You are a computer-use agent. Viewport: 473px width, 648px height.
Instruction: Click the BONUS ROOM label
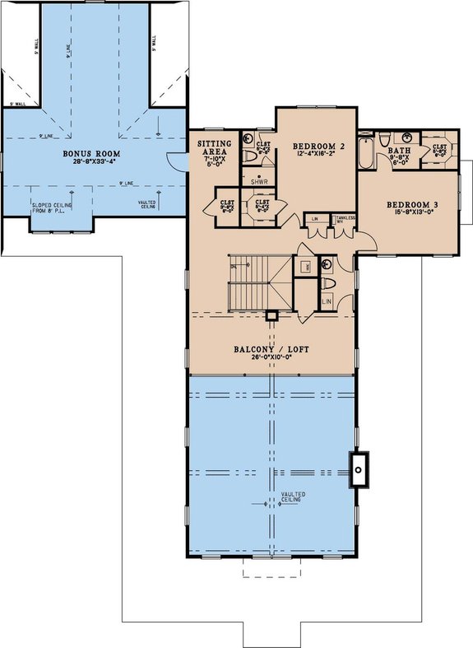pyautogui.click(x=92, y=154)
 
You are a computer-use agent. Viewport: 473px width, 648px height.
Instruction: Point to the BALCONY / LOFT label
pyautogui.click(x=271, y=350)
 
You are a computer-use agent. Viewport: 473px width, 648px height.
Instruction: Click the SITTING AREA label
pyautogui.click(x=215, y=147)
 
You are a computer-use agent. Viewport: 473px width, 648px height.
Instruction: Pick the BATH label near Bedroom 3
pyautogui.click(x=398, y=150)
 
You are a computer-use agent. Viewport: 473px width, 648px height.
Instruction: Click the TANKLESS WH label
pyautogui.click(x=346, y=219)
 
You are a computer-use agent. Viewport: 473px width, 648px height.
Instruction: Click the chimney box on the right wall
pyautogui.click(x=360, y=470)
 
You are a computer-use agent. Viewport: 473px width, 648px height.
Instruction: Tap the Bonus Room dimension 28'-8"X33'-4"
pyautogui.click(x=92, y=163)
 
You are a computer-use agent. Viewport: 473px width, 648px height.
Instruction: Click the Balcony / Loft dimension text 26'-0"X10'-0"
pyautogui.click(x=271, y=359)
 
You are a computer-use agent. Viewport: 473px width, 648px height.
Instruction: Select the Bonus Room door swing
pyautogui.click(x=174, y=162)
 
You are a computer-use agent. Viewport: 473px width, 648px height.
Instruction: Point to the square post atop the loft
pyautogui.click(x=271, y=315)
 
